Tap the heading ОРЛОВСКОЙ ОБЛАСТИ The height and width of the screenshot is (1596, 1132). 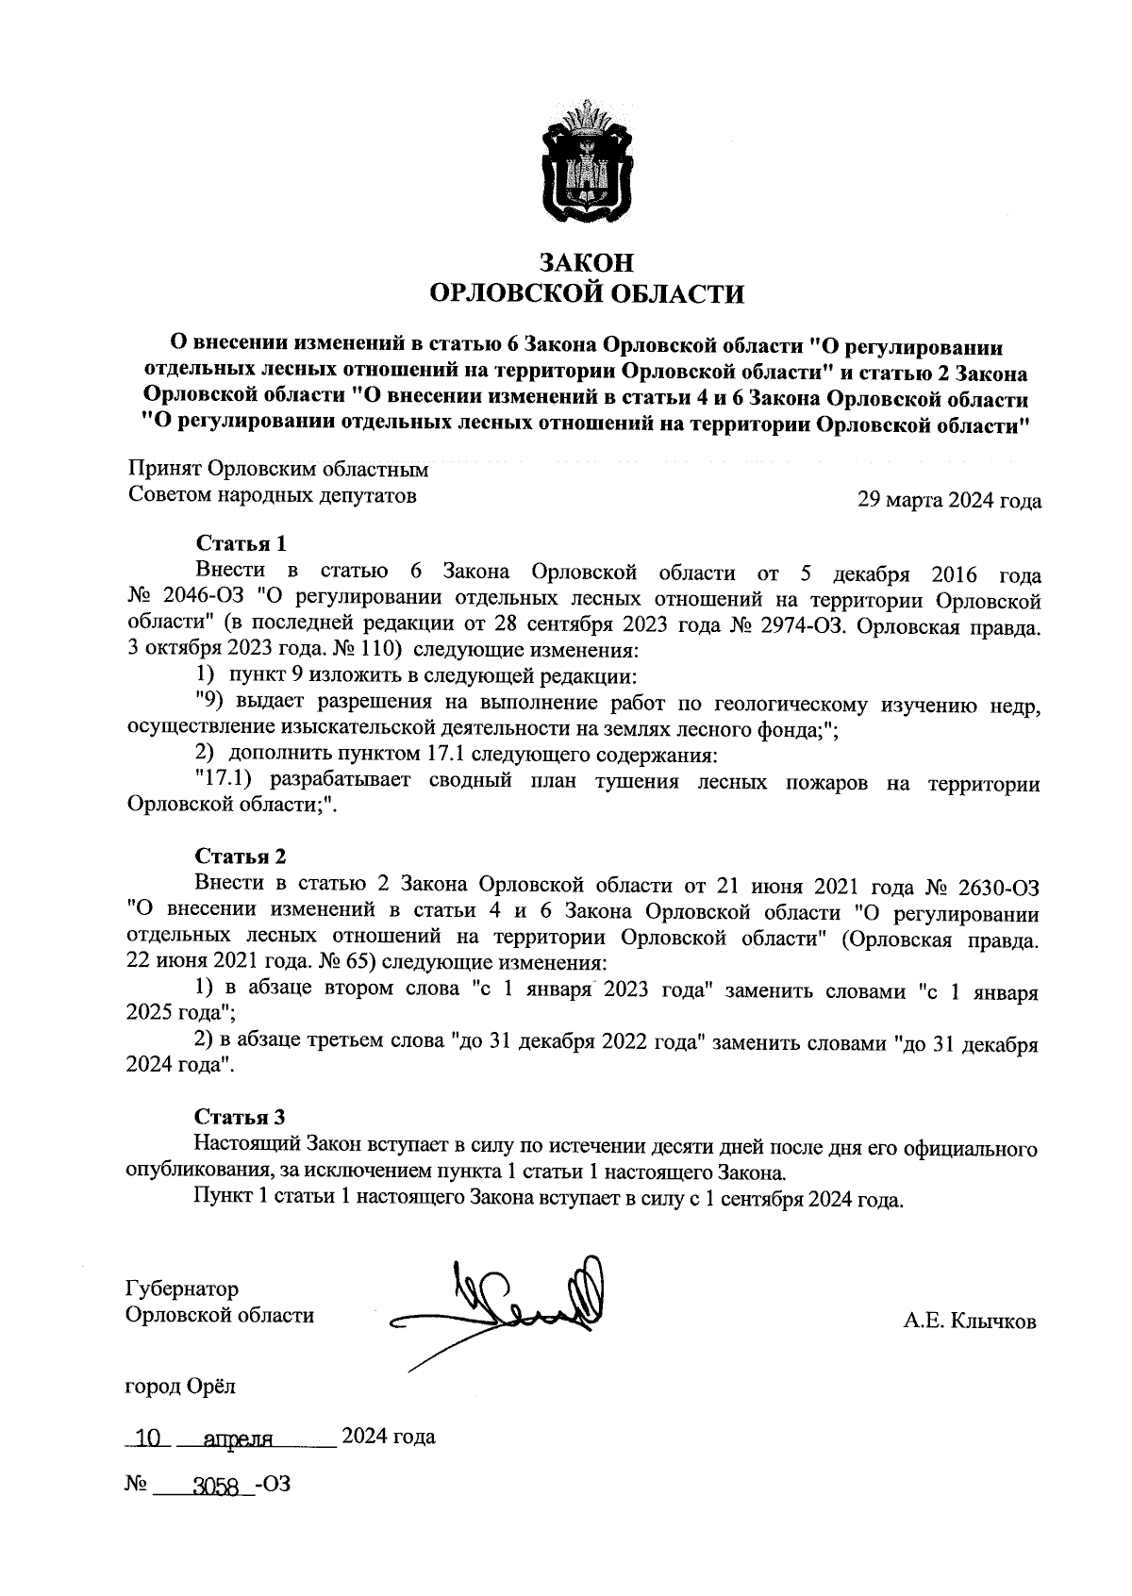[586, 294]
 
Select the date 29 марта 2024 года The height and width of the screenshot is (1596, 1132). [948, 500]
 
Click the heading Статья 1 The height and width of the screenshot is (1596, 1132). [240, 543]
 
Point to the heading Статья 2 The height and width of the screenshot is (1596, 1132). [240, 856]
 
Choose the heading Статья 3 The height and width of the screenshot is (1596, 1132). [240, 1118]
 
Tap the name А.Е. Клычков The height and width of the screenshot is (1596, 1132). [969, 1322]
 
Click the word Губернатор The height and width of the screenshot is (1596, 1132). [182, 1288]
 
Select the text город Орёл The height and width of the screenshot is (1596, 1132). [181, 1387]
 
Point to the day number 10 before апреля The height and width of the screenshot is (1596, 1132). [146, 1438]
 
